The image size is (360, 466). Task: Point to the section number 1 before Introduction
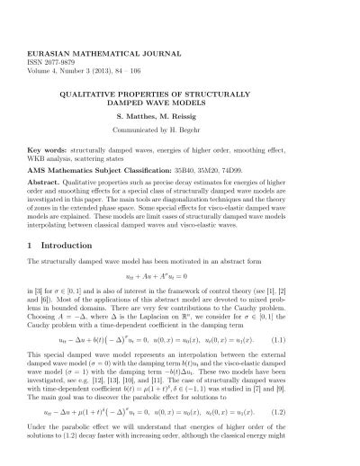[31, 245]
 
